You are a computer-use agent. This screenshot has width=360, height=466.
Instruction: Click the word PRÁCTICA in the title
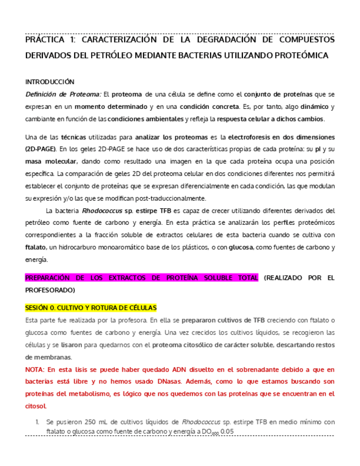pos(45,40)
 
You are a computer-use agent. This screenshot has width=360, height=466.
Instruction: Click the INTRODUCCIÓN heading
pos(49,81)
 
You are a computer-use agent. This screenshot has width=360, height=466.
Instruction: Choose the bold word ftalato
pos(36,248)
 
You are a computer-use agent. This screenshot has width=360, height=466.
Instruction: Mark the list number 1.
pos(37,422)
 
